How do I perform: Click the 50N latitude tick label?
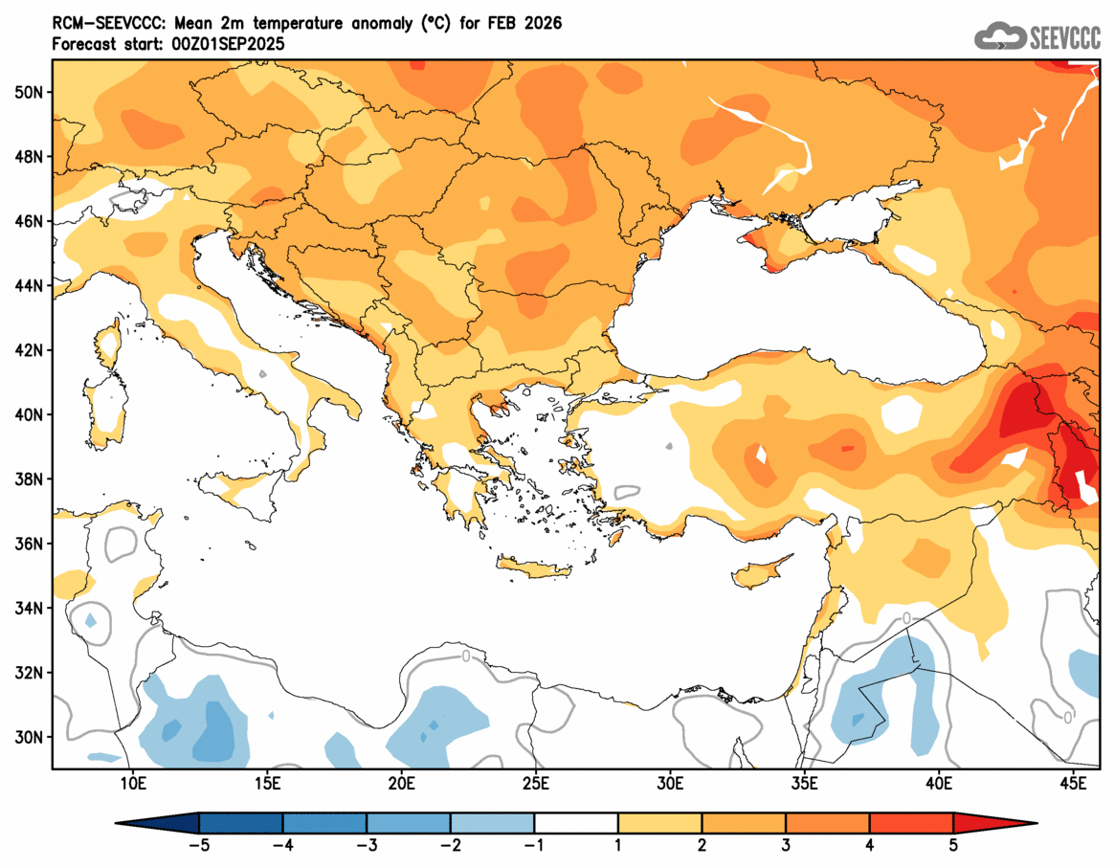pyautogui.click(x=27, y=92)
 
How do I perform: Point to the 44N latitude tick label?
pyautogui.click(x=27, y=285)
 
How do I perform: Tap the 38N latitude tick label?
pyautogui.click(x=27, y=479)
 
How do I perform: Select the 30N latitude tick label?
pyautogui.click(x=27, y=737)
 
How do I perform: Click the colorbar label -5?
pyautogui.click(x=198, y=845)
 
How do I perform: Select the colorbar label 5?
pyautogui.click(x=953, y=845)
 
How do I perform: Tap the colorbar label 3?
pyautogui.click(x=786, y=845)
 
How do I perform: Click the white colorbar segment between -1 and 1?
pyautogui.click(x=576, y=823)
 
